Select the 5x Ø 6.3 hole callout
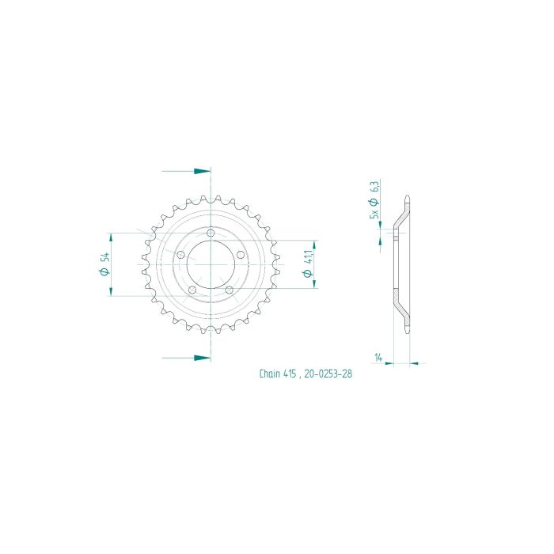[x=375, y=199]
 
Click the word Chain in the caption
[x=271, y=374]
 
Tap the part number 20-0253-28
[x=326, y=374]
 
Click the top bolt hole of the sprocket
[x=211, y=233]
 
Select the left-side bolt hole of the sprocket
[x=180, y=255]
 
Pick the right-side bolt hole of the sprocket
[x=241, y=255]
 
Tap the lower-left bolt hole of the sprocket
[x=192, y=290]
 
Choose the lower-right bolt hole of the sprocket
[x=230, y=290]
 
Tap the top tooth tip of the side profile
[x=407, y=198]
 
